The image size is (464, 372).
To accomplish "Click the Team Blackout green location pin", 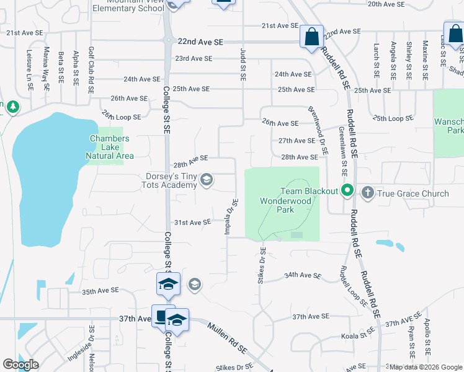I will click(x=347, y=190).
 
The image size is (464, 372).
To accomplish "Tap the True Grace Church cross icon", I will click(x=367, y=193).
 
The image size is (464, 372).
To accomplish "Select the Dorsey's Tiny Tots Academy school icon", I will click(x=207, y=180).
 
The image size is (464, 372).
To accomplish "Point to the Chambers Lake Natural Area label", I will click(x=109, y=148).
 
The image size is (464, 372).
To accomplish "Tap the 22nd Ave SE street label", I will click(x=200, y=42).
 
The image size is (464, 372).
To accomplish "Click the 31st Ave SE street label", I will click(x=192, y=222).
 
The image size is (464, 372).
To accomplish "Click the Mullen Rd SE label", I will click(x=227, y=339).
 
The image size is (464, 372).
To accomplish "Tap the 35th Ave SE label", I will click(x=100, y=291).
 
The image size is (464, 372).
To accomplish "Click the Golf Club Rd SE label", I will click(x=91, y=69).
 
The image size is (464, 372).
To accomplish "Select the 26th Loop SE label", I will click(x=122, y=116).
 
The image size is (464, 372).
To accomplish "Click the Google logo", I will click(x=21, y=365).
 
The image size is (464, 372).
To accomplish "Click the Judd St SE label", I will click(x=243, y=66).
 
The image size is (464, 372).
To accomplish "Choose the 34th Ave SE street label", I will click(x=303, y=275).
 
